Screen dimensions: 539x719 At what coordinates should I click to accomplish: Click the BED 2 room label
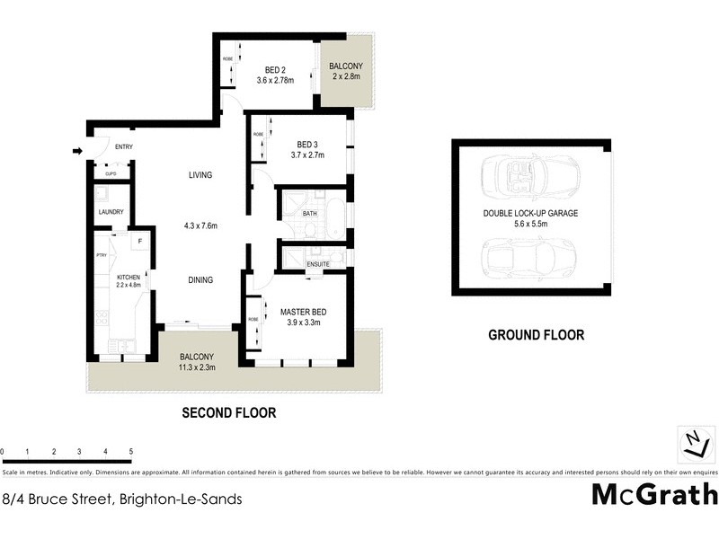point(275,70)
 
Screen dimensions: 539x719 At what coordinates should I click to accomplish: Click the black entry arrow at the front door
point(77,151)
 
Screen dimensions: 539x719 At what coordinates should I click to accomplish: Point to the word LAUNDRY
point(111,213)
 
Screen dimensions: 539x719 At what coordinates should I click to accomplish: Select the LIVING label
point(200,175)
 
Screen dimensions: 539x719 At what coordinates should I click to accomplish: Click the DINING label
point(200,279)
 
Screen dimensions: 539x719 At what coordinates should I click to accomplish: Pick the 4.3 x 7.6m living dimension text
point(200,225)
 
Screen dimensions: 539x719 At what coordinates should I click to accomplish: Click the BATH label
point(310,214)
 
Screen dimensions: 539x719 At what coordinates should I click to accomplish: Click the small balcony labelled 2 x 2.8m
point(346,72)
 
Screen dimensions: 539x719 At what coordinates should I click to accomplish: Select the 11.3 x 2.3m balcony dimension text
point(196,367)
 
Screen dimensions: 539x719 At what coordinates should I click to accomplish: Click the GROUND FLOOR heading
point(536,335)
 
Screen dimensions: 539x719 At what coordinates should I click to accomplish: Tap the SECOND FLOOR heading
point(228,413)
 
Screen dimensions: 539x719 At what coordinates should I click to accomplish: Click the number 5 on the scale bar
point(131,452)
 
